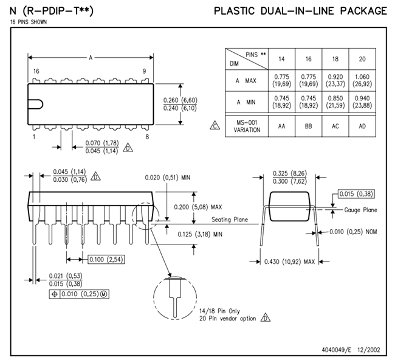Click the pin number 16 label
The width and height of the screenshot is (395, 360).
coord(36,71)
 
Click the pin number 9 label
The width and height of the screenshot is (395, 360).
coord(144,71)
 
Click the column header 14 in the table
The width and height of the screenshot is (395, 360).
coord(281,60)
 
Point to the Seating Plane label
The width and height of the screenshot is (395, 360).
coord(230,220)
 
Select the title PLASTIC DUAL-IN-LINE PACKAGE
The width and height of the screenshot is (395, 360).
coord(300,11)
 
